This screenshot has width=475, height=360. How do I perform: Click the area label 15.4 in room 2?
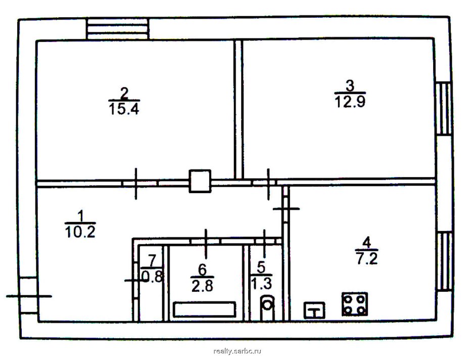[124, 109]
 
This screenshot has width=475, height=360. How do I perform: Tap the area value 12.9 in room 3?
[350, 102]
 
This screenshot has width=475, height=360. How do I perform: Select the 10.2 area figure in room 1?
[80, 232]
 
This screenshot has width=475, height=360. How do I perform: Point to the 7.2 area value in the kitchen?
[367, 259]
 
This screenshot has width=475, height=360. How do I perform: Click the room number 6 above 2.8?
[202, 269]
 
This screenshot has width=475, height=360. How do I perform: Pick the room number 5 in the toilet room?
[261, 267]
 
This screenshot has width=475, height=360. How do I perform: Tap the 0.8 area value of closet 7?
[153, 277]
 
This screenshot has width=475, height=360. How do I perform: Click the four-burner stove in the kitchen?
[355, 304]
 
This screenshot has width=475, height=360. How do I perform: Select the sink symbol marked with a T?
[314, 310]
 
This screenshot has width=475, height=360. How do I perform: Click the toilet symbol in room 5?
[267, 307]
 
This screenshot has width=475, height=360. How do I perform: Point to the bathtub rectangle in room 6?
[205, 309]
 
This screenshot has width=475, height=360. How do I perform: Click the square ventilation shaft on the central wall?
[200, 181]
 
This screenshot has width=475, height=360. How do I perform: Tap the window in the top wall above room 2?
[118, 29]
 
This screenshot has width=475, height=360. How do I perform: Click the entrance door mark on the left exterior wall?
[29, 296]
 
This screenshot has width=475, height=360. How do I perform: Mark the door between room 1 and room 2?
[136, 184]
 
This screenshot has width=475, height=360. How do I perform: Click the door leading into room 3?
[268, 184]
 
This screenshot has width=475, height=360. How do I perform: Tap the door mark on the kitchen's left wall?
[286, 209]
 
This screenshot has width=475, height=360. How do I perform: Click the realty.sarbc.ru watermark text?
[237, 351]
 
